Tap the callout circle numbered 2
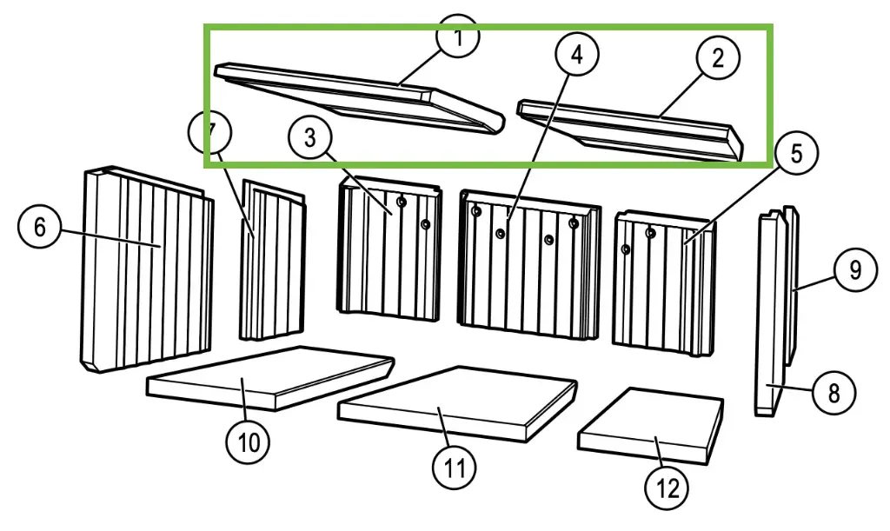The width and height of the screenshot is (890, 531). coord(717,58)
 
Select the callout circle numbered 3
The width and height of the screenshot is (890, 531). coord(310,138)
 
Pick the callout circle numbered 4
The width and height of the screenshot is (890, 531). coord(577,54)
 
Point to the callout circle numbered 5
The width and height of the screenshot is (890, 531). coord(796,154)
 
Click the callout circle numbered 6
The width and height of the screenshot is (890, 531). coord(40,229)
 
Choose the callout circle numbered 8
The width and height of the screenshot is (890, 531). coord(834,394)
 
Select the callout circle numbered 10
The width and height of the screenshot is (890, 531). coord(249,441)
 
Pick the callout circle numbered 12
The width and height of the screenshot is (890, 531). coord(667,488)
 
